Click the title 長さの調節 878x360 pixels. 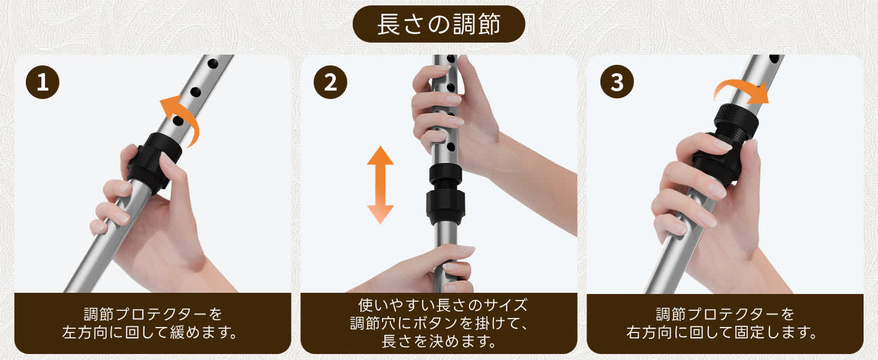pos(438,24)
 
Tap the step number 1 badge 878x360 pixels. pos(43,82)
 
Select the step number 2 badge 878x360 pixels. pos(330,82)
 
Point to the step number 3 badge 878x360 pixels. pos(617,82)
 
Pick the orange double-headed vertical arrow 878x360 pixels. pos(380,185)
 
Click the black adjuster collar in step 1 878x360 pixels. pos(154,161)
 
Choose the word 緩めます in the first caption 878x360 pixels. pos(199,332)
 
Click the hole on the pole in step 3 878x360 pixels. pos(774,59)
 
